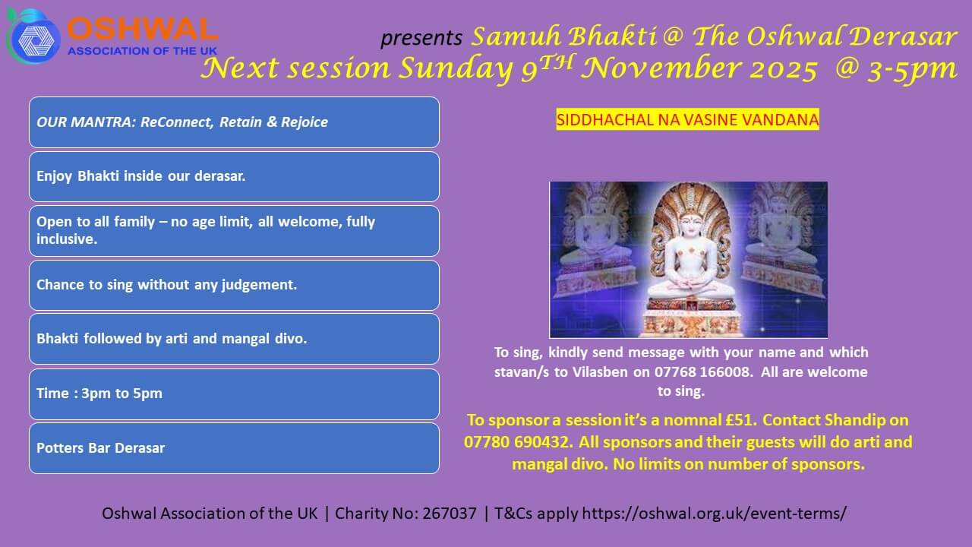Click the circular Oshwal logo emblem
[33, 37]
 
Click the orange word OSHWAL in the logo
[142, 30]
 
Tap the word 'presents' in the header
[421, 38]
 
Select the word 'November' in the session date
[661, 68]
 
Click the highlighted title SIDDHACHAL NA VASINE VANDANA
[688, 119]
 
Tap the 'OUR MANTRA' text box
[235, 122]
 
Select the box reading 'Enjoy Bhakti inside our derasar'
[235, 177]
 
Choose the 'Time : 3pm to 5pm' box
[235, 394]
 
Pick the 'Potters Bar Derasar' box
[235, 448]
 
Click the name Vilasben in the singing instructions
[600, 372]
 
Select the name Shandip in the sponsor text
[855, 420]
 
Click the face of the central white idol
[689, 224]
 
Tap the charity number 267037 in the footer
[450, 514]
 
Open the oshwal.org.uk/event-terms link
[714, 514]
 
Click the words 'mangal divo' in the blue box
[264, 339]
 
